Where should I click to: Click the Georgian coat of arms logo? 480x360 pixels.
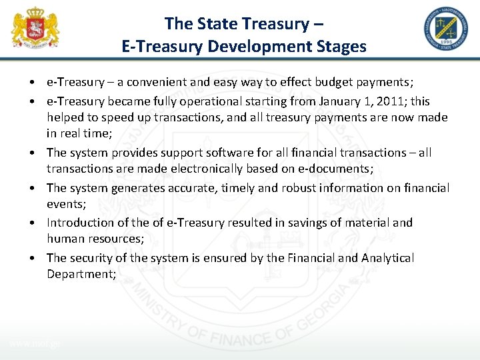coord(35,28)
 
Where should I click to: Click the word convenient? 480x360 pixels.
coord(150,82)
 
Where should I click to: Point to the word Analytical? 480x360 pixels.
coord(387,258)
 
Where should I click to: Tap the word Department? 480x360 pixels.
coord(78,274)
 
